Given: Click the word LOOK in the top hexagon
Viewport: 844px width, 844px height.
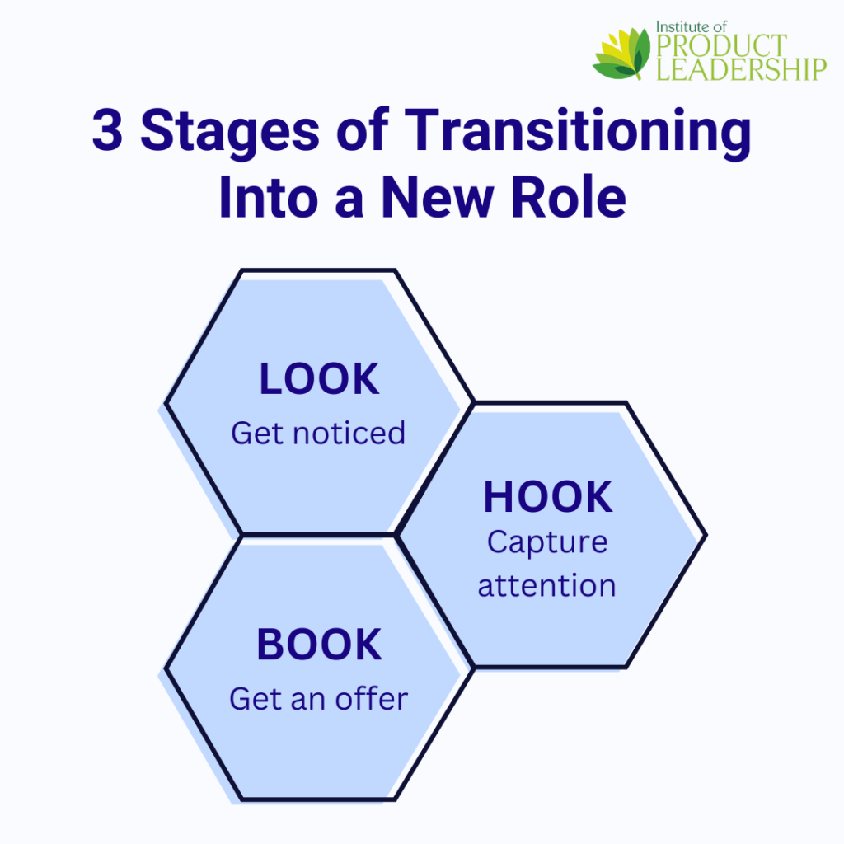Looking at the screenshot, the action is [x=319, y=379].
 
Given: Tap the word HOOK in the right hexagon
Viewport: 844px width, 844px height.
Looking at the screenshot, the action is [x=548, y=497].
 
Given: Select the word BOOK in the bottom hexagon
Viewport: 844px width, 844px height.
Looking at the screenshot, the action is [x=319, y=645].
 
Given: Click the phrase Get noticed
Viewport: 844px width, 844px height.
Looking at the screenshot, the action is [x=318, y=434].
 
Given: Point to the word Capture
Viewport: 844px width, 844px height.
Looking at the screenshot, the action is [x=547, y=542].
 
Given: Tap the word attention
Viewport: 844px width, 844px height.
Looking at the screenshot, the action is [x=547, y=586].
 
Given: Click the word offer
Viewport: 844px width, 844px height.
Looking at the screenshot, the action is [x=372, y=699].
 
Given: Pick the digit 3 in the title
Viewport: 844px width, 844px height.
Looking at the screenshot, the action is [x=108, y=129].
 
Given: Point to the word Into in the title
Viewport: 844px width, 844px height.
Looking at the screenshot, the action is [x=269, y=197].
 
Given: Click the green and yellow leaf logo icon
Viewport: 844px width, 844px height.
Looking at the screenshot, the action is [x=621, y=54].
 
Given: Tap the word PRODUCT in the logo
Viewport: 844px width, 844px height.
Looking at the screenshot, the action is [x=722, y=46].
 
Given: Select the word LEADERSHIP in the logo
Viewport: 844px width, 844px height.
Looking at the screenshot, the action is [x=741, y=69].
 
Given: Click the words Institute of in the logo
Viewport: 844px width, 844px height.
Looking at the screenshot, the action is [x=692, y=27].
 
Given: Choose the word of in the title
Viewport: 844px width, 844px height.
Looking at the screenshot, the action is [x=362, y=129].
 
